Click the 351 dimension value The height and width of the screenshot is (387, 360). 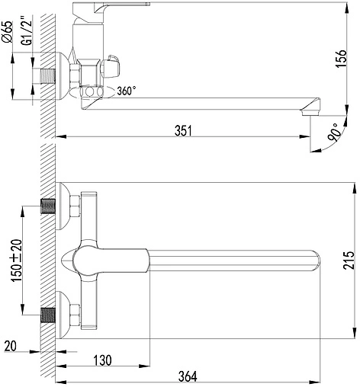pyautogui.click(x=184, y=131)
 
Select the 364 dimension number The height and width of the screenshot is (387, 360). pyautogui.click(x=188, y=376)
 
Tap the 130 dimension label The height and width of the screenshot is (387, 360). pyautogui.click(x=102, y=360)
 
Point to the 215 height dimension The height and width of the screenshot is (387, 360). pyautogui.click(x=349, y=261)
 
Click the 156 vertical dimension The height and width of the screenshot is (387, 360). pyautogui.click(x=341, y=59)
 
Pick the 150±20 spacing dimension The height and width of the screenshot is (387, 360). pyautogui.click(x=17, y=261)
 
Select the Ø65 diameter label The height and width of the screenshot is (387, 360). pyautogui.click(x=7, y=32)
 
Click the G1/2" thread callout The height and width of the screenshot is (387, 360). pyautogui.click(x=27, y=30)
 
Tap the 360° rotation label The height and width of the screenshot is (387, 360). pyautogui.click(x=127, y=91)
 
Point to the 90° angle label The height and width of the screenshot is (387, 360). pyautogui.click(x=334, y=132)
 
